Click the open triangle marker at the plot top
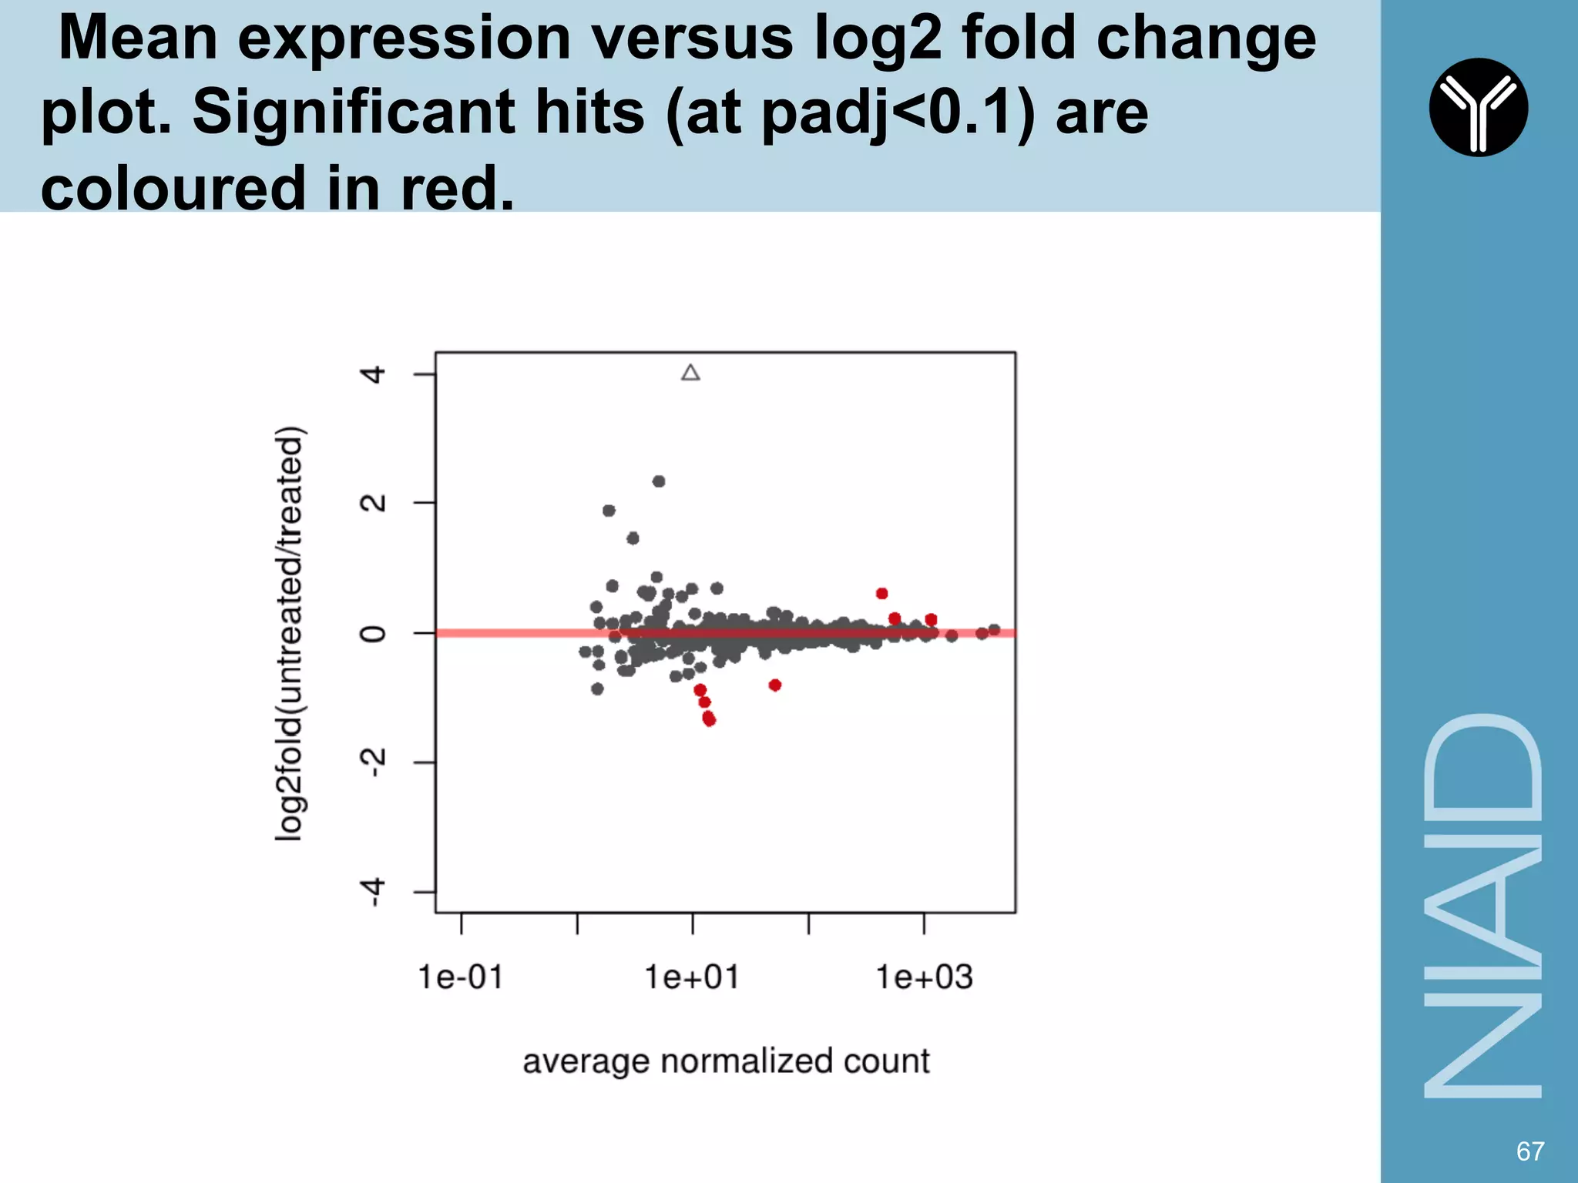(690, 374)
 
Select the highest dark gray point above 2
(659, 481)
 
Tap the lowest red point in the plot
(710, 720)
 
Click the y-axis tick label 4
(374, 375)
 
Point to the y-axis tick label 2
(374, 504)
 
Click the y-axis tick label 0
(374, 634)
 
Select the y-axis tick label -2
(374, 763)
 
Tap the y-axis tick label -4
(374, 893)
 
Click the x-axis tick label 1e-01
(461, 977)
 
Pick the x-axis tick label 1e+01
(692, 977)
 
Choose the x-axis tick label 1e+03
(925, 977)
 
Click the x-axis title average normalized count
(726, 1061)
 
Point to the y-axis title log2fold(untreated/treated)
(290, 633)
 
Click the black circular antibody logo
(1478, 107)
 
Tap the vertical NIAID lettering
(1482, 906)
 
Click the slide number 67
(1530, 1151)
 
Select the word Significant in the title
(418, 112)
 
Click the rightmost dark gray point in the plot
(994, 630)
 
